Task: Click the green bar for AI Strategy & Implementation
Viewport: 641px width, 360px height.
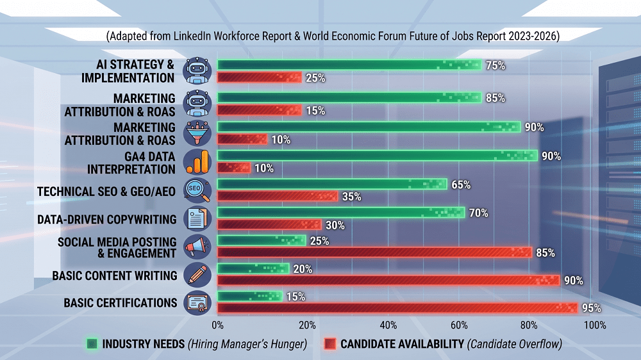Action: click(x=349, y=65)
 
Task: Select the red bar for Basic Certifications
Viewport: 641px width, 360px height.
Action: click(x=397, y=307)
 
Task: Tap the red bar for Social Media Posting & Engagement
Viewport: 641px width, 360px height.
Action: click(x=374, y=252)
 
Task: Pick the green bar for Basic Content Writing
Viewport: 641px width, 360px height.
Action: click(x=253, y=268)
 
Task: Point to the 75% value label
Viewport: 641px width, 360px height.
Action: click(x=495, y=65)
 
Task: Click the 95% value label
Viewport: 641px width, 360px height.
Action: click(x=592, y=308)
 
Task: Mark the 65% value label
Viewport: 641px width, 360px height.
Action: click(x=461, y=184)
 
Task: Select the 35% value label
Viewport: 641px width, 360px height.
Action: click(x=351, y=197)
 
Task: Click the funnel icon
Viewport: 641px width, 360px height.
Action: click(x=197, y=133)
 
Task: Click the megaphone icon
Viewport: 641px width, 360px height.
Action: click(x=197, y=247)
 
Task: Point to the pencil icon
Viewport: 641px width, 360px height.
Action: click(x=197, y=274)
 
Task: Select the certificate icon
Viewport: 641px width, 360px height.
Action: click(x=197, y=303)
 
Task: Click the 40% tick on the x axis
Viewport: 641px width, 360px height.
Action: click(x=388, y=325)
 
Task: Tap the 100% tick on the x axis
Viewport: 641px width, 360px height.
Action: click(x=595, y=325)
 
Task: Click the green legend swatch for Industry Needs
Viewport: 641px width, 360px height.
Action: click(x=92, y=344)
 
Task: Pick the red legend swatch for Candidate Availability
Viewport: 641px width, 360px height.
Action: click(x=330, y=344)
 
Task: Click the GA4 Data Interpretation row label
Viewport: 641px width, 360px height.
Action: click(x=131, y=163)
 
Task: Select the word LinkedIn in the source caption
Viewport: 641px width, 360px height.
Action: click(x=192, y=36)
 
